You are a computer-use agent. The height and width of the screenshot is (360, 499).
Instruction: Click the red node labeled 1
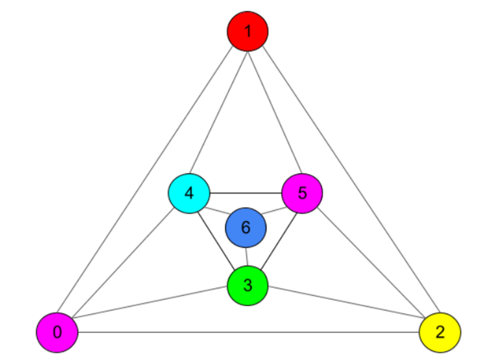click(248, 31)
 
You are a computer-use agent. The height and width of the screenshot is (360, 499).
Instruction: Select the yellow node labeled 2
click(439, 332)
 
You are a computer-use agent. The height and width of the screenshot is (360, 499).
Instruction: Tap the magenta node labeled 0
click(57, 332)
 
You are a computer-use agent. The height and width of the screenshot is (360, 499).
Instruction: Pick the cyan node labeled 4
click(189, 194)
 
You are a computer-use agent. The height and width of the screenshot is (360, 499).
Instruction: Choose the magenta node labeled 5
click(302, 193)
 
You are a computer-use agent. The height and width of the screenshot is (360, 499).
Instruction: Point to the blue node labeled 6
click(246, 227)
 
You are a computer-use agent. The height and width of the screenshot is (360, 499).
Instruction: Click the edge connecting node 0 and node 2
click(248, 332)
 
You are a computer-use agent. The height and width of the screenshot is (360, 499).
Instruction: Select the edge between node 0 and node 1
click(152, 182)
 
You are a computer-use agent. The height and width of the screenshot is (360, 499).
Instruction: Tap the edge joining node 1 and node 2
click(344, 182)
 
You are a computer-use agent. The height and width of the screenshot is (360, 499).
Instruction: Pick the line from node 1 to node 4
click(218, 112)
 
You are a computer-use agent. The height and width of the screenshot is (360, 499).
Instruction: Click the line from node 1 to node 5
click(275, 112)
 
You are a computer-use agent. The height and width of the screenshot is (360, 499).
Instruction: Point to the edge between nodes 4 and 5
click(245, 194)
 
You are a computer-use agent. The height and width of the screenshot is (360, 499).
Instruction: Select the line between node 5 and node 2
click(370, 263)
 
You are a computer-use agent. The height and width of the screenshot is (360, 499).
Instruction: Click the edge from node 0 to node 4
click(123, 263)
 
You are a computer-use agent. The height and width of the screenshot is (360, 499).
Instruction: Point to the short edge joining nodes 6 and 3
click(247, 257)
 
